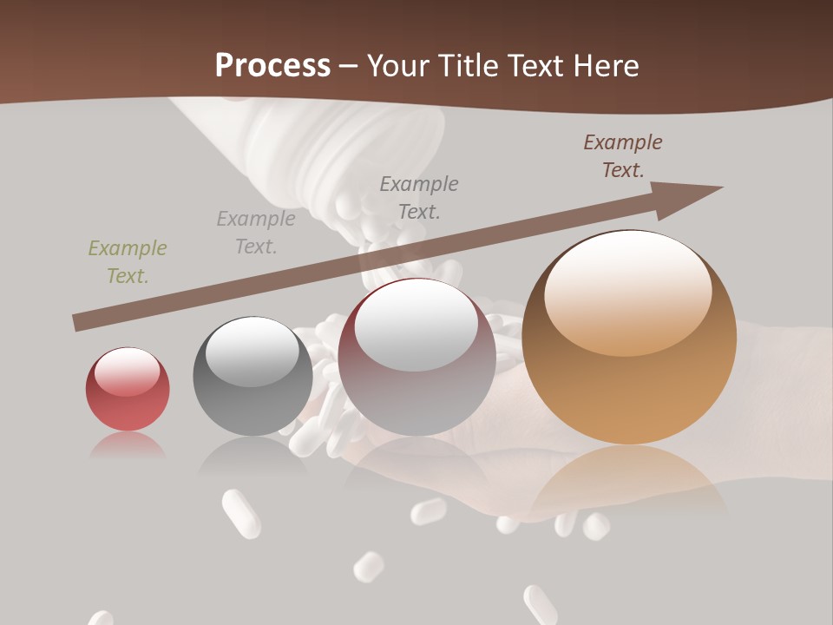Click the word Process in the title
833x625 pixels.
[272, 66]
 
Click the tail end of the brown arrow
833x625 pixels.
[78, 323]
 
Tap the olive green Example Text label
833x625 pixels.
[128, 262]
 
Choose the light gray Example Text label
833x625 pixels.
[256, 233]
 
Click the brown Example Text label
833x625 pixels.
[623, 156]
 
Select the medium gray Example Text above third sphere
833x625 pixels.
[419, 197]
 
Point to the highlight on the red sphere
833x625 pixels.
[127, 372]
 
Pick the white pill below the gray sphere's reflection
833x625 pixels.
[241, 514]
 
